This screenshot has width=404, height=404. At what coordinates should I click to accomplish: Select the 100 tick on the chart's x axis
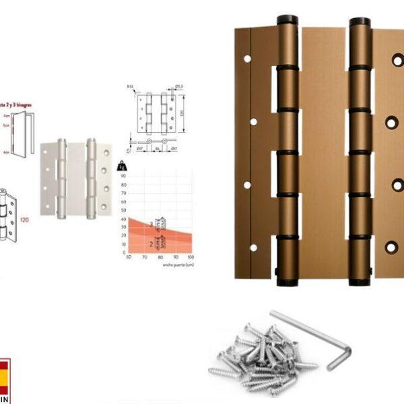pyautogui.click(x=191, y=258)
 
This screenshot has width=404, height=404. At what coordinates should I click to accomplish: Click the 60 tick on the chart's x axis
pyautogui.click(x=128, y=258)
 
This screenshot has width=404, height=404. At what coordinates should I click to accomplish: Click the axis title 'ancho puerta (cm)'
pyautogui.click(x=176, y=265)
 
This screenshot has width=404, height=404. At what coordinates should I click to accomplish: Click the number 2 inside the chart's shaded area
pyautogui.click(x=151, y=241)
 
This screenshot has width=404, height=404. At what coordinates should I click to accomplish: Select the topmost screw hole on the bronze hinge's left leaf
pyautogui.click(x=247, y=59)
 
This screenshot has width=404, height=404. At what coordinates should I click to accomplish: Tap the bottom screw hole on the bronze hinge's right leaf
pyautogui.click(x=391, y=247)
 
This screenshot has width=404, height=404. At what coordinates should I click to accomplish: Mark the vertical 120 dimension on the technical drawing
pyautogui.click(x=181, y=112)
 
